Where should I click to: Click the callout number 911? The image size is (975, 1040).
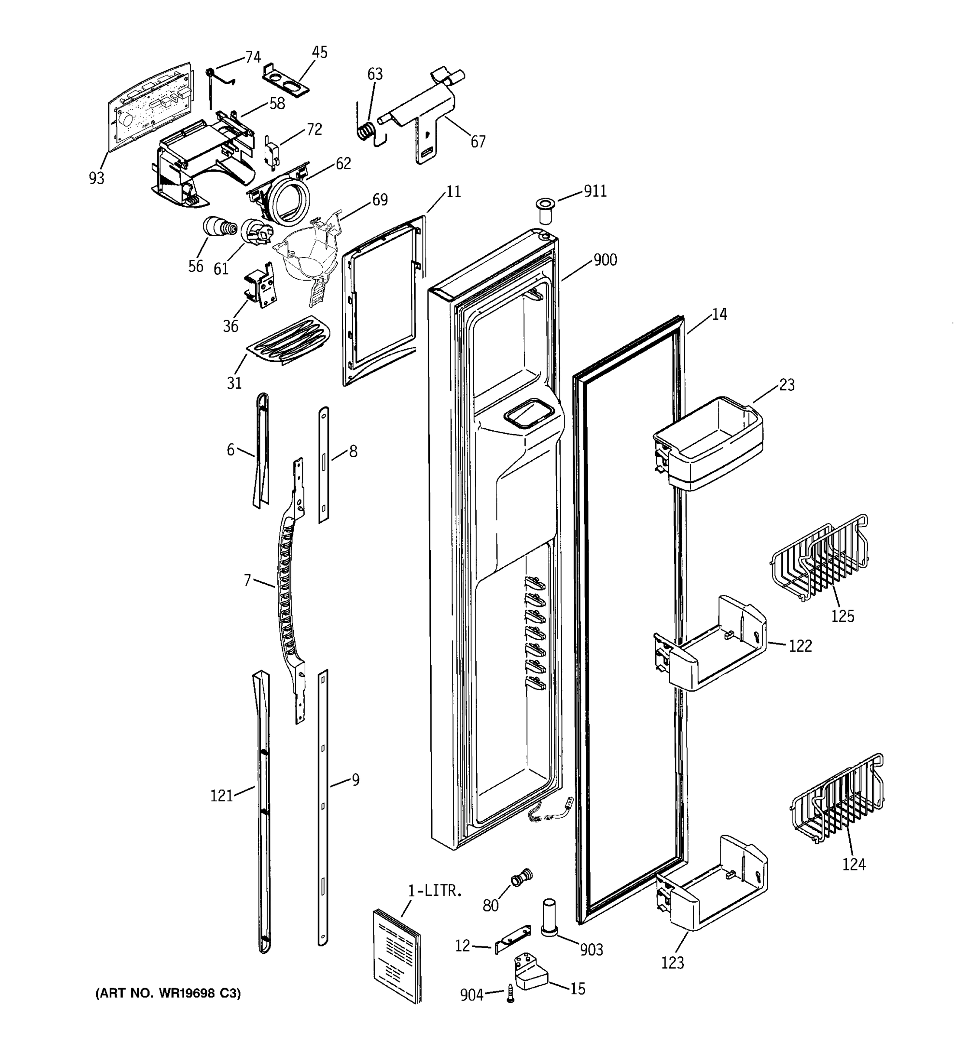595,192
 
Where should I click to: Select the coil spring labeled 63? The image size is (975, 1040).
366,130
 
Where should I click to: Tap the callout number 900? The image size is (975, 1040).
605,260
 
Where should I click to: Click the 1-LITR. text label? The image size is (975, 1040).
435,891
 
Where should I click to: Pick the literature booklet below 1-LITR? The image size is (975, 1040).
397,957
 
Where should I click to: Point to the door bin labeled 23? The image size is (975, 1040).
709,444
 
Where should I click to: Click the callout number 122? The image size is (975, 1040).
800,646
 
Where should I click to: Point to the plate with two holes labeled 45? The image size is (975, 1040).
286,78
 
